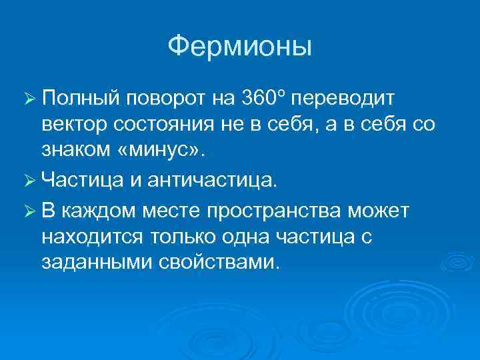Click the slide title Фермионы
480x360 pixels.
tap(239, 47)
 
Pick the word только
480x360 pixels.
tap(177, 237)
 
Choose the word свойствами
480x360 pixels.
tap(217, 261)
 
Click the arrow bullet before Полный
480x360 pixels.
tap(29, 100)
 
